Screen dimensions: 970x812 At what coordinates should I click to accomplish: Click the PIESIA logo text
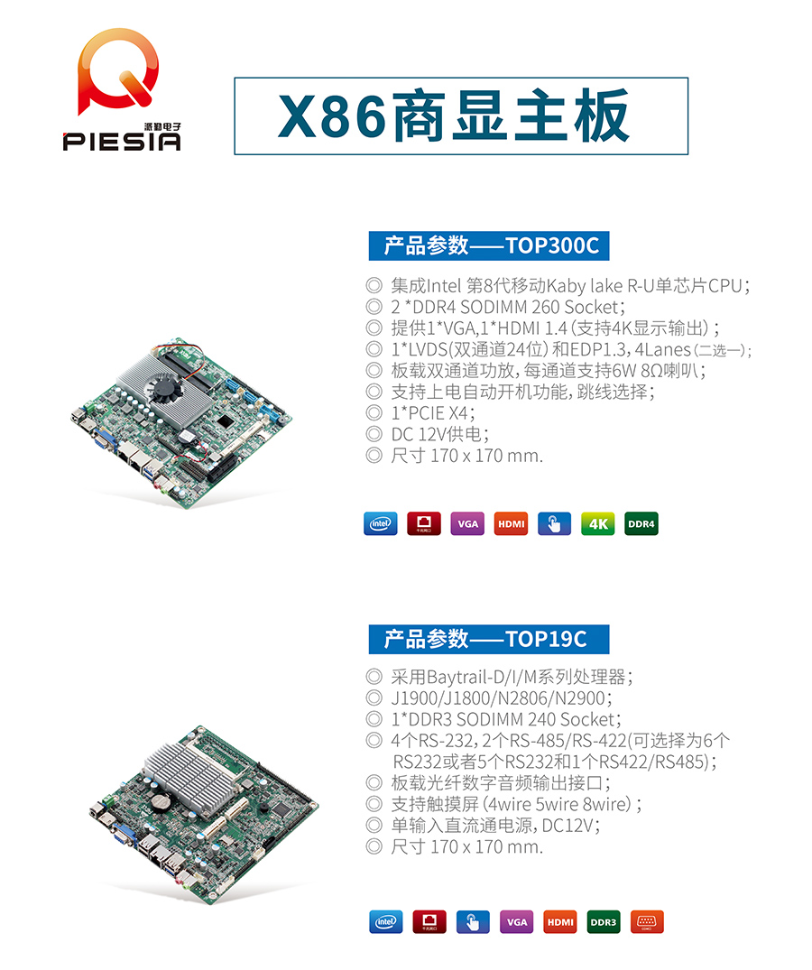coord(122,142)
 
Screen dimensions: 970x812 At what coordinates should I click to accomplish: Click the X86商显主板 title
coord(461,117)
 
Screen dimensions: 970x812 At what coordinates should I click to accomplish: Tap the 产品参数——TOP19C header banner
coord(488,639)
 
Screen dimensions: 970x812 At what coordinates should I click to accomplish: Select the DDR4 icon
coord(641,523)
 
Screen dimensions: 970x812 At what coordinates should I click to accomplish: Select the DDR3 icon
coord(604,922)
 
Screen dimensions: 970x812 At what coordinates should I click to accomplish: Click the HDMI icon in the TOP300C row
coord(512,523)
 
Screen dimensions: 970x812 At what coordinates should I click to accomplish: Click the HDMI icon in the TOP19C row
coord(559,922)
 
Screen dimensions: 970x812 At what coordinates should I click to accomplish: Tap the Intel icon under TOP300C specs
coord(380,523)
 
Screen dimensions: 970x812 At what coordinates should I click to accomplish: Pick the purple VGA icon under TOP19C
coord(516,922)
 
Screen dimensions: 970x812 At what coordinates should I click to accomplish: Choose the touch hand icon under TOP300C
coord(554,523)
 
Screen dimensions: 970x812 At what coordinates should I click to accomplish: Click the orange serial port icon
coord(647,922)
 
